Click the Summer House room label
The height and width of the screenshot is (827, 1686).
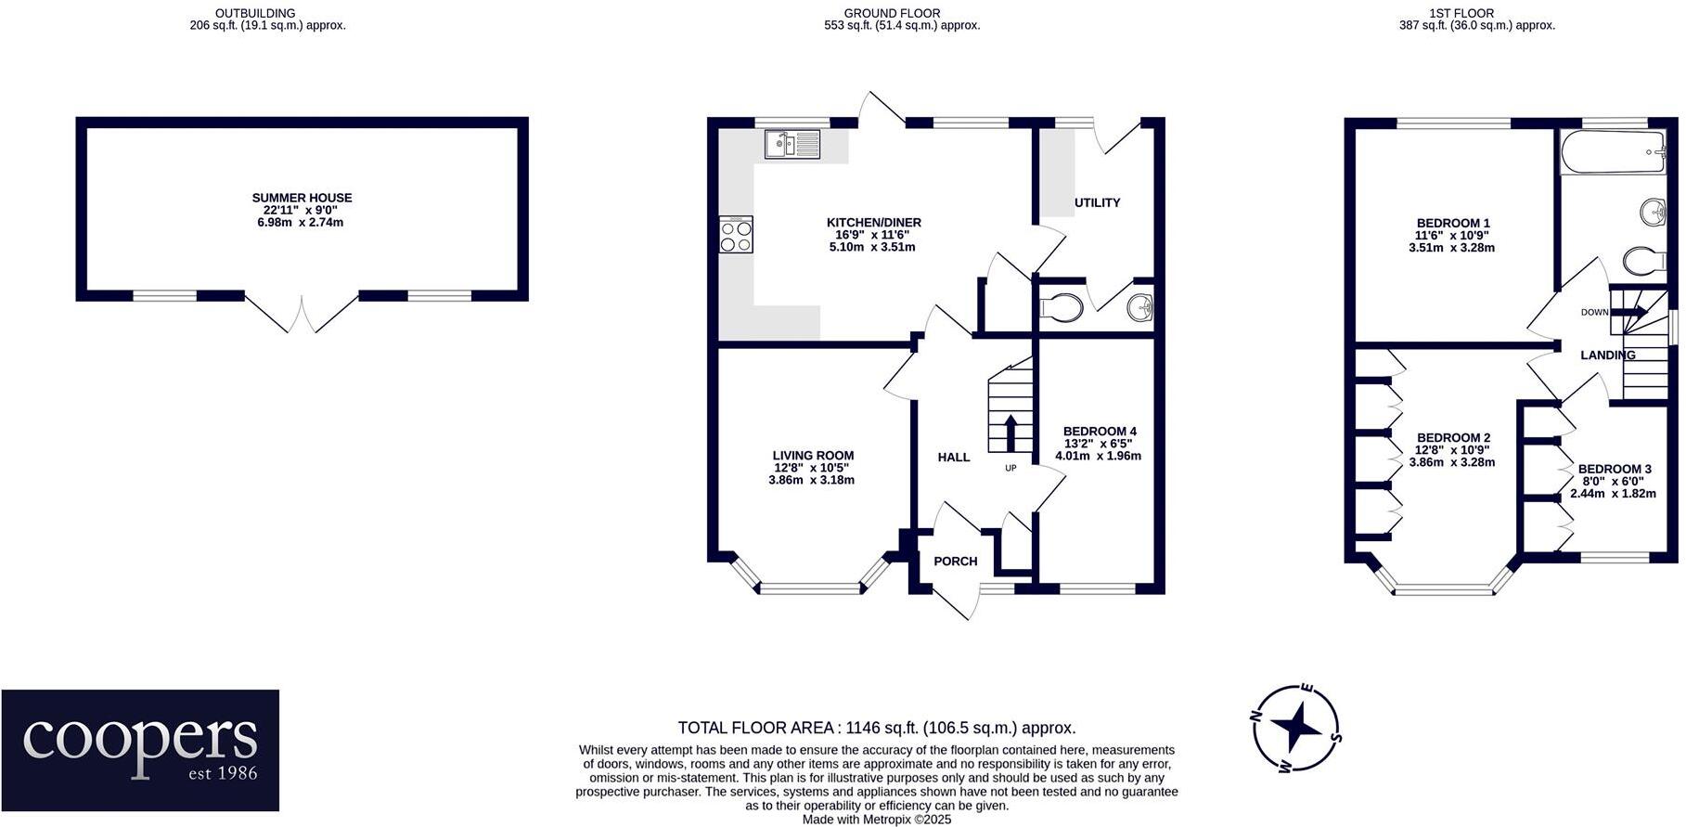click(302, 198)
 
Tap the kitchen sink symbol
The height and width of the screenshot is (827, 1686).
click(792, 144)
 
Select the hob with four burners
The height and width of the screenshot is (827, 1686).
click(736, 234)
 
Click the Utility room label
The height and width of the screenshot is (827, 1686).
click(1098, 202)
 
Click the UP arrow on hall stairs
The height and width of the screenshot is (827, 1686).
click(1010, 433)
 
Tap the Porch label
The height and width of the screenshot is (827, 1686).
click(955, 562)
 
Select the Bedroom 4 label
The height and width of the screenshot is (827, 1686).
click(1100, 432)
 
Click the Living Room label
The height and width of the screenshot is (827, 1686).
click(813, 456)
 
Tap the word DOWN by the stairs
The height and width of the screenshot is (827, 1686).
click(1594, 313)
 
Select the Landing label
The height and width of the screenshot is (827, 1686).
click(1607, 355)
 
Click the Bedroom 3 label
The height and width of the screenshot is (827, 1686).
click(1615, 470)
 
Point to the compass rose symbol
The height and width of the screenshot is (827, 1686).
click(1295, 729)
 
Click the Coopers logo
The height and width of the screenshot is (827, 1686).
click(140, 750)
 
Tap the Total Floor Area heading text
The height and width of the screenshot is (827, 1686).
click(876, 729)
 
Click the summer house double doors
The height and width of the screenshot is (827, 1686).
click(302, 315)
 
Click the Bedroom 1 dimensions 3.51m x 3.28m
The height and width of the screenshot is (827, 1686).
click(1452, 248)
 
